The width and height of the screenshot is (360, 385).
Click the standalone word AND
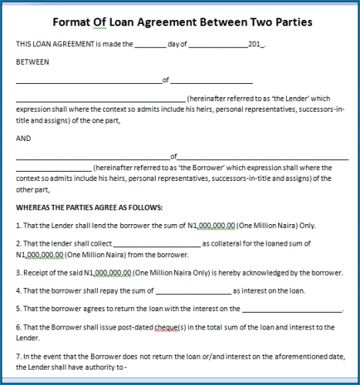click(23, 139)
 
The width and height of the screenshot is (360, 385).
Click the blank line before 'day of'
click(150, 45)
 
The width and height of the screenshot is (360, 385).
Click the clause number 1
click(18, 226)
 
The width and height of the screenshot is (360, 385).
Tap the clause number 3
click(18, 272)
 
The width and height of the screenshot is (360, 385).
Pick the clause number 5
click(18, 309)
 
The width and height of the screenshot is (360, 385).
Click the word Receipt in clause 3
click(37, 272)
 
